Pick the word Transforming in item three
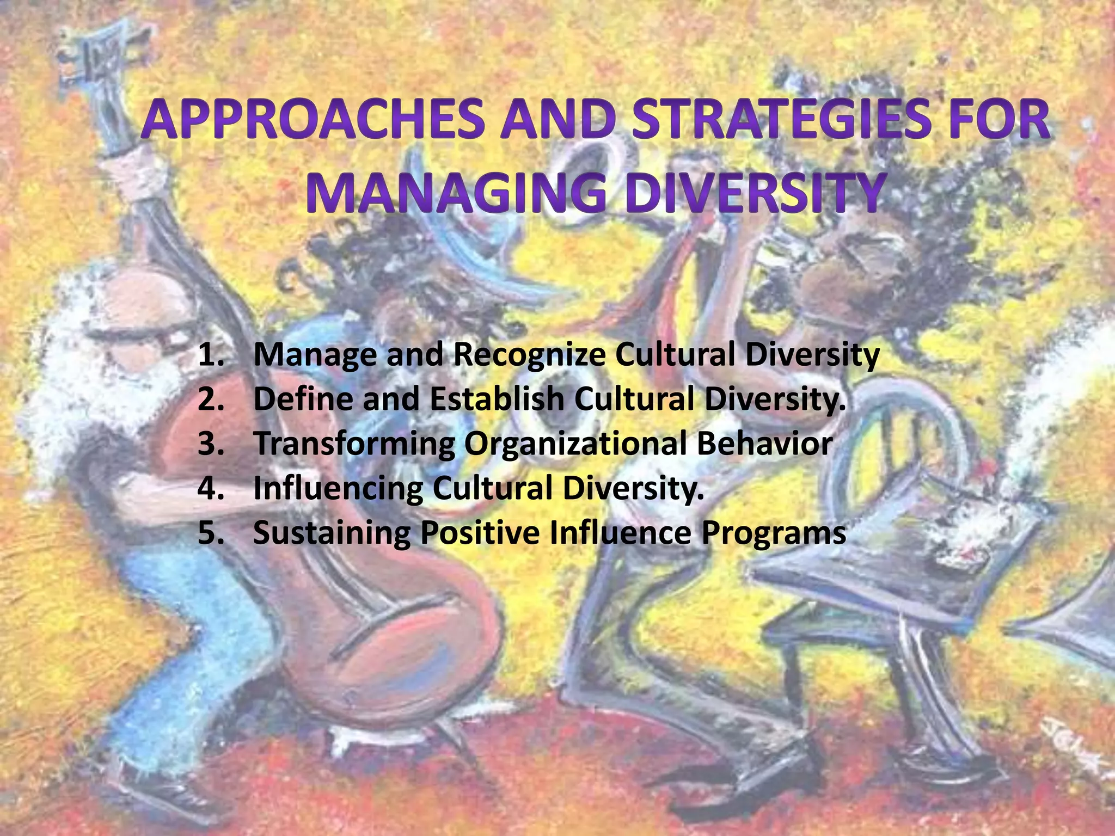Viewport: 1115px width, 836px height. [354, 444]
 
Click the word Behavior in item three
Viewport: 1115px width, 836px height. [764, 444]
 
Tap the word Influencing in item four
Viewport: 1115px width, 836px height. [338, 489]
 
